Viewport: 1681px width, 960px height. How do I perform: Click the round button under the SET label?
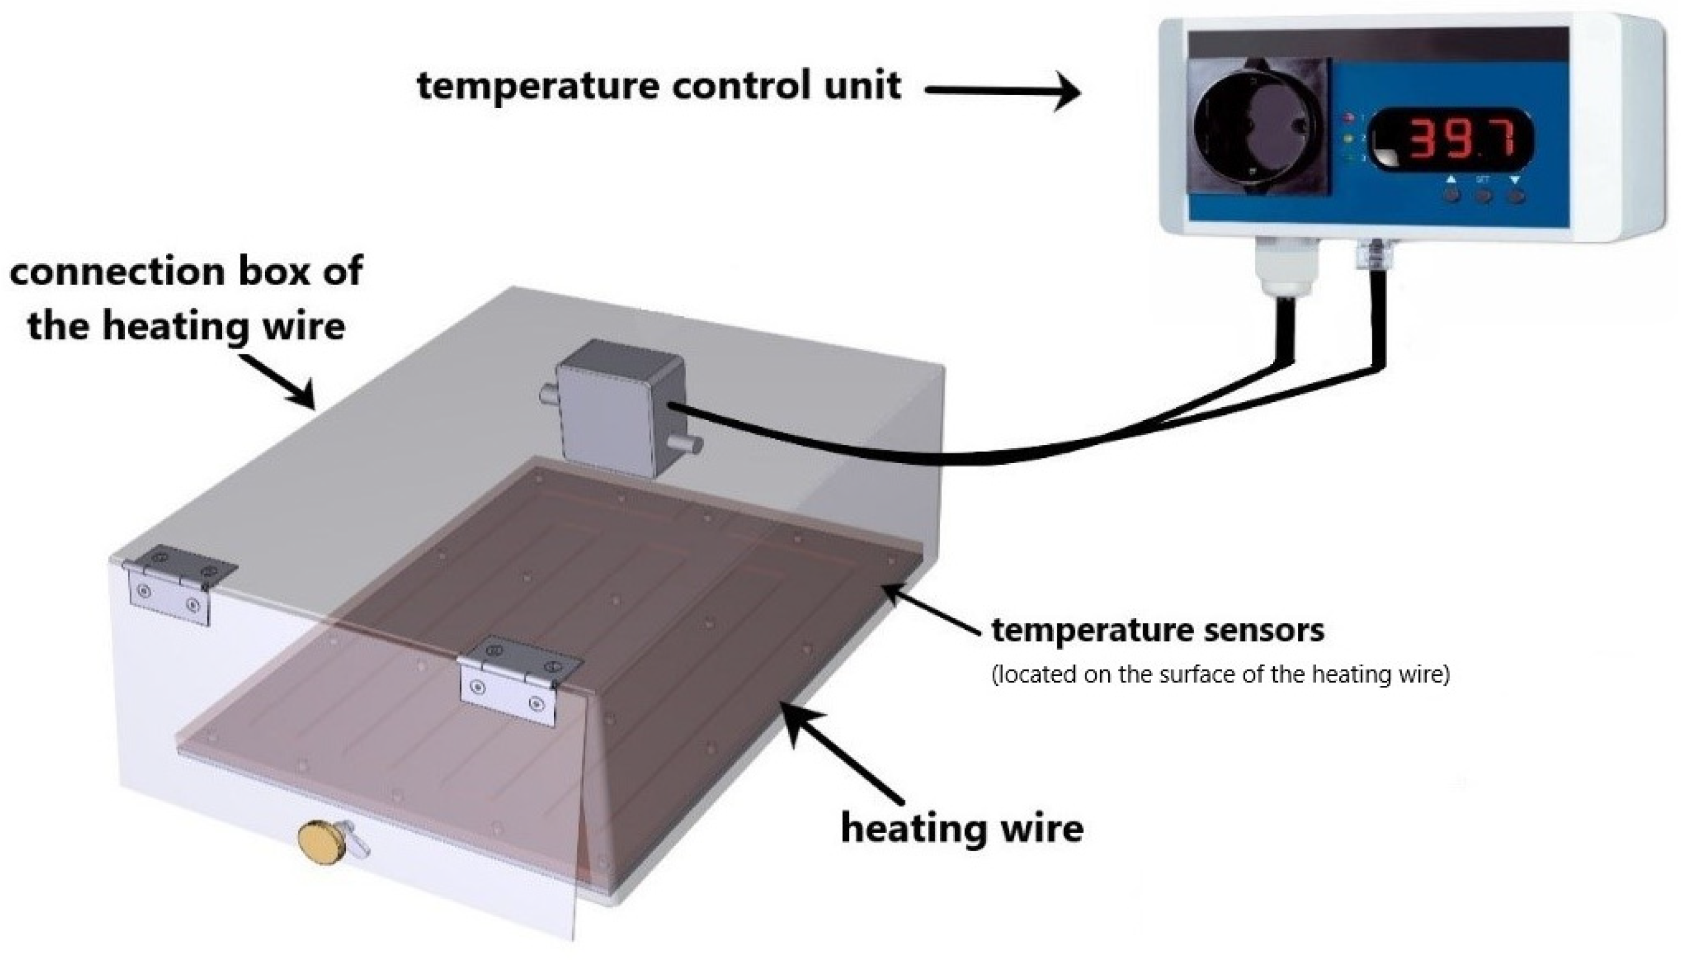[1484, 196]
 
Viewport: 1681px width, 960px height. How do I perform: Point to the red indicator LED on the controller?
[1349, 118]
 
